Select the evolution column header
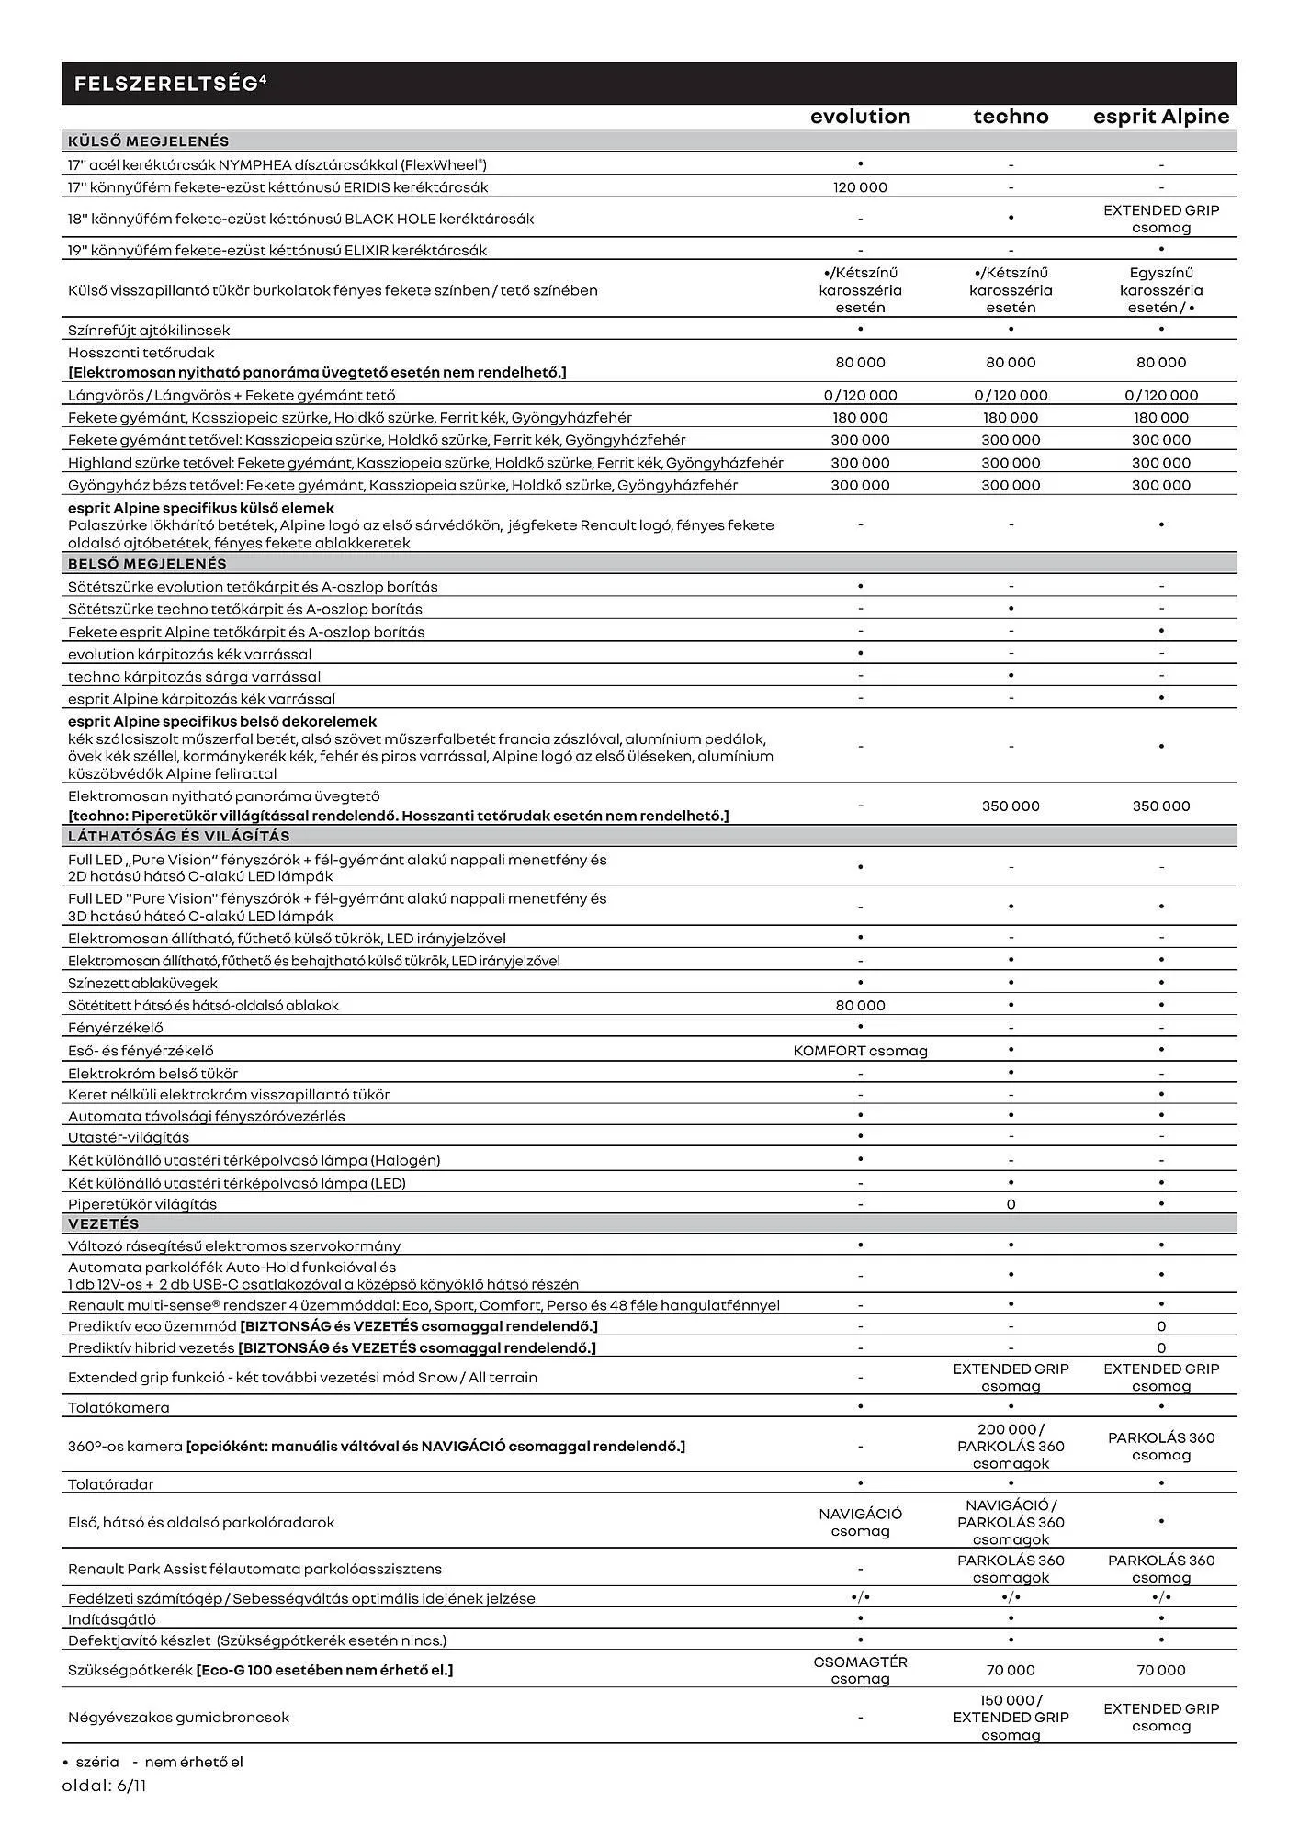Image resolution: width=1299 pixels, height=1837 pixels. (860, 117)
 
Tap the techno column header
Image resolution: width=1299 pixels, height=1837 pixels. (1011, 117)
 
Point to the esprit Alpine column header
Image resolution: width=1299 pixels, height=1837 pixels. (1160, 117)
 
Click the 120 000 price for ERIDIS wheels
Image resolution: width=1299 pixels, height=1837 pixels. (860, 187)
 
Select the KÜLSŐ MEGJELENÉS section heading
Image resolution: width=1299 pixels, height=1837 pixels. (149, 141)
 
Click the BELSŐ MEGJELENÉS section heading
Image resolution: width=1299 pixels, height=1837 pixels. (147, 564)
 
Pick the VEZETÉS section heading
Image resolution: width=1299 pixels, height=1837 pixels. (104, 1224)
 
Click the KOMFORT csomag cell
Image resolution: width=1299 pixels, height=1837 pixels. (860, 1051)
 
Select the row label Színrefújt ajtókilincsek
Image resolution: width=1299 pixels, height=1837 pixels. (149, 330)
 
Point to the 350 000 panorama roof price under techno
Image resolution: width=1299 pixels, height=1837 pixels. (1011, 806)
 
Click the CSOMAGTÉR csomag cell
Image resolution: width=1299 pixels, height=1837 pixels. (860, 1670)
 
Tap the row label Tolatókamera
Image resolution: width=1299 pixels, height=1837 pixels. (119, 1407)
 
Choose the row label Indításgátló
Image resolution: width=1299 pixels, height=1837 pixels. (112, 1619)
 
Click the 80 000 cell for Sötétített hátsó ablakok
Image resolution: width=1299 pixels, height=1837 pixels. (860, 1006)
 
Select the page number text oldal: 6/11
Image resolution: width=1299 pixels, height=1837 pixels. (104, 1786)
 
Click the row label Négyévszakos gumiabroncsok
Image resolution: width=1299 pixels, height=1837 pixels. (178, 1717)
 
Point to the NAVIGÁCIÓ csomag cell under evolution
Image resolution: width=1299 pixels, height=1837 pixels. (860, 1522)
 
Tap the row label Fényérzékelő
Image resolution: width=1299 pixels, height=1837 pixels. (115, 1028)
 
